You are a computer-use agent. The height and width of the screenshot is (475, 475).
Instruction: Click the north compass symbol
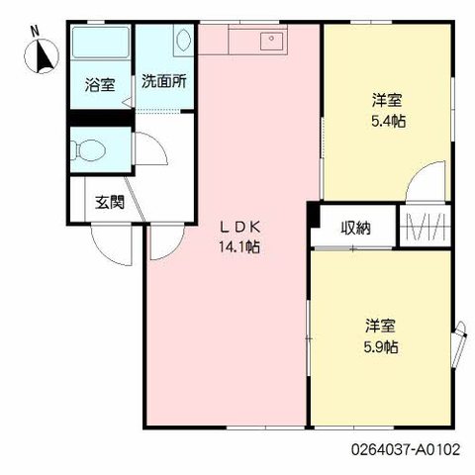click(42, 56)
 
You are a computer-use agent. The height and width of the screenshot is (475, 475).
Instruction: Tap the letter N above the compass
click(35, 31)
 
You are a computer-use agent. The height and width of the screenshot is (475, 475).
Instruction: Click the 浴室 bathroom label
click(100, 85)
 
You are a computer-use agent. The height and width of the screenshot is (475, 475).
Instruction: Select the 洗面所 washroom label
click(164, 81)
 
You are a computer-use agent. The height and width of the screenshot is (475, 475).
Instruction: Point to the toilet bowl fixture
click(88, 150)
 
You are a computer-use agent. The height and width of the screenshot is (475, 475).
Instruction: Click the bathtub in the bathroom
click(101, 43)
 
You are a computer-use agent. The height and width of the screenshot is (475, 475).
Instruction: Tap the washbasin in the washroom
click(183, 40)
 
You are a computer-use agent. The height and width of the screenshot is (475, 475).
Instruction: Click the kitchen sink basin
click(271, 42)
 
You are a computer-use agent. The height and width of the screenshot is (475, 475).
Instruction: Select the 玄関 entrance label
click(110, 202)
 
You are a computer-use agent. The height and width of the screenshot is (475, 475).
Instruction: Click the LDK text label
click(240, 227)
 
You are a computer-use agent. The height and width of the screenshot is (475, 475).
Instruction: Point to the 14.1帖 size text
click(239, 246)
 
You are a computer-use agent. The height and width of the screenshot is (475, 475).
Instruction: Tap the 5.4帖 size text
click(388, 122)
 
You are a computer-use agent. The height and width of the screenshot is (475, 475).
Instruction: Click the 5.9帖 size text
click(381, 347)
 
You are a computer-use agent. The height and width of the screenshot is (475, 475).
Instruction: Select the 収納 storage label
click(355, 228)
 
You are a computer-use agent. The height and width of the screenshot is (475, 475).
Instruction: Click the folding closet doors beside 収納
click(426, 226)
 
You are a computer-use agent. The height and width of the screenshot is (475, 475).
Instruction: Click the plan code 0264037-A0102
click(406, 449)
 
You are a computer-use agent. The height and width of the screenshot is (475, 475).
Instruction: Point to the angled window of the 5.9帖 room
click(460, 344)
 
